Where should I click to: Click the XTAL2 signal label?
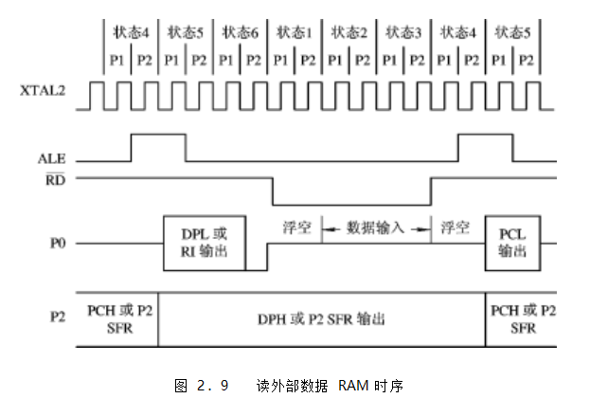[39, 93]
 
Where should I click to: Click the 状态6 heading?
[240, 32]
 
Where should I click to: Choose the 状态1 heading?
[295, 32]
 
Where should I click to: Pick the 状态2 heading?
[349, 32]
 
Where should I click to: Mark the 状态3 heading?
[404, 32]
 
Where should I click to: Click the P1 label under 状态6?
[226, 59]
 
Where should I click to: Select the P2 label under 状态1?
[309, 59]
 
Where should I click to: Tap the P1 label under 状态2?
[336, 59]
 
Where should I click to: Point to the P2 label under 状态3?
[418, 59]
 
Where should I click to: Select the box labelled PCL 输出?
[512, 243]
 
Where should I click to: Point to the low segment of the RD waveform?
[350, 204]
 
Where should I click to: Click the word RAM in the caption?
[358, 386]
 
